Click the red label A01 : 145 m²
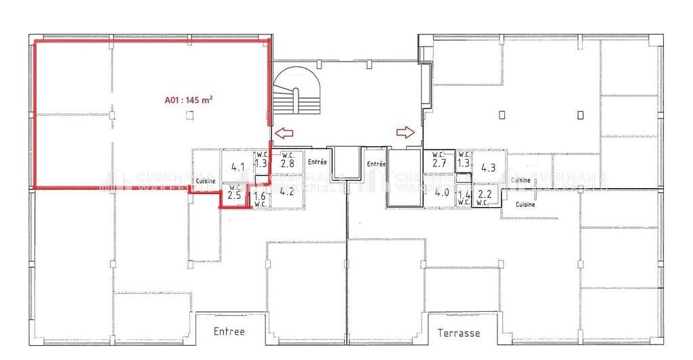tap(189, 100)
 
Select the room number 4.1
tap(238, 166)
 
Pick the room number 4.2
tap(287, 191)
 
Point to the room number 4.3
tap(489, 167)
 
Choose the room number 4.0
tap(442, 192)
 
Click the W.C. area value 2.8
tap(287, 163)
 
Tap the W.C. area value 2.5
tap(235, 196)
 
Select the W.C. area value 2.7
tap(439, 163)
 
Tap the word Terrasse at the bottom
tap(458, 333)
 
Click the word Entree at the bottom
tap(229, 332)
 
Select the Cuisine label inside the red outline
tap(206, 181)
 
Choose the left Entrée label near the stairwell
tap(317, 162)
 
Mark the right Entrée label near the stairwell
tap(376, 164)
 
